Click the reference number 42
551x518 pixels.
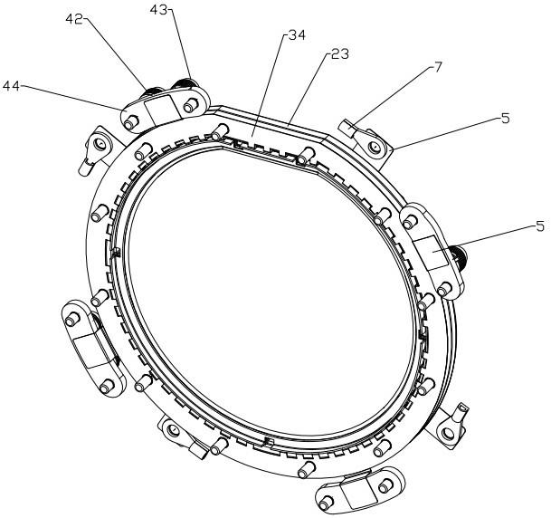pyautogui.click(x=74, y=20)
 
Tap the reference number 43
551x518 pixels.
pyautogui.click(x=158, y=10)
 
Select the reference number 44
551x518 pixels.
pyautogui.click(x=11, y=86)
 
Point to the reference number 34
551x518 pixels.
pyautogui.click(x=297, y=35)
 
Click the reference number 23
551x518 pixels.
pyautogui.click(x=340, y=54)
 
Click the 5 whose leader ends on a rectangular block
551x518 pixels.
pyautogui.click(x=540, y=225)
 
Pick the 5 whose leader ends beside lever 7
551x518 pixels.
pyautogui.click(x=505, y=119)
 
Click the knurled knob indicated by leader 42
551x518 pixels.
pyautogui.click(x=150, y=92)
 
